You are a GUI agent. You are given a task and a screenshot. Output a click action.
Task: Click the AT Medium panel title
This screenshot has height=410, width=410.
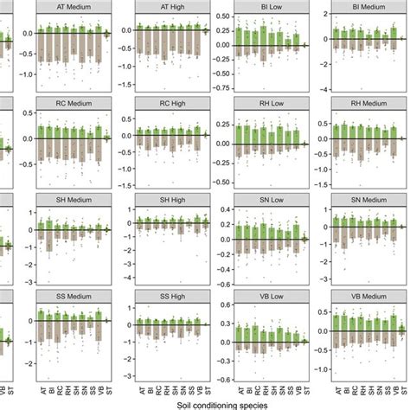[x=76, y=8]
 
